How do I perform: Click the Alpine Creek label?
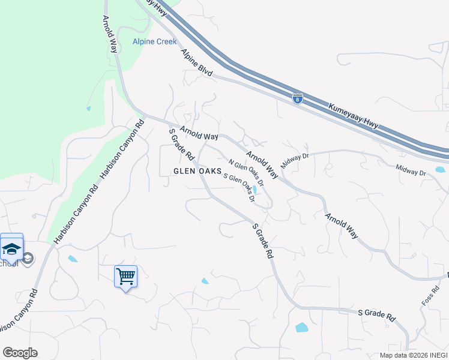[154, 41]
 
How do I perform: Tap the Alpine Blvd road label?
[197, 62]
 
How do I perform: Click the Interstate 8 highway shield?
[297, 98]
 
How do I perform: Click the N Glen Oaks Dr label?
[246, 172]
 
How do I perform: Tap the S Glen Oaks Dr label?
[240, 187]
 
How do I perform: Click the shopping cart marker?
[125, 277]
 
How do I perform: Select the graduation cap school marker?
[12, 248]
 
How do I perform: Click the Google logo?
[20, 353]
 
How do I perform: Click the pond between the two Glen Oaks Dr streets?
[255, 190]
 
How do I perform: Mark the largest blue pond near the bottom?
[301, 328]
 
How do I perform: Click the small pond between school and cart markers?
[73, 259]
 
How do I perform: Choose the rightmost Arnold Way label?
[342, 226]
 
